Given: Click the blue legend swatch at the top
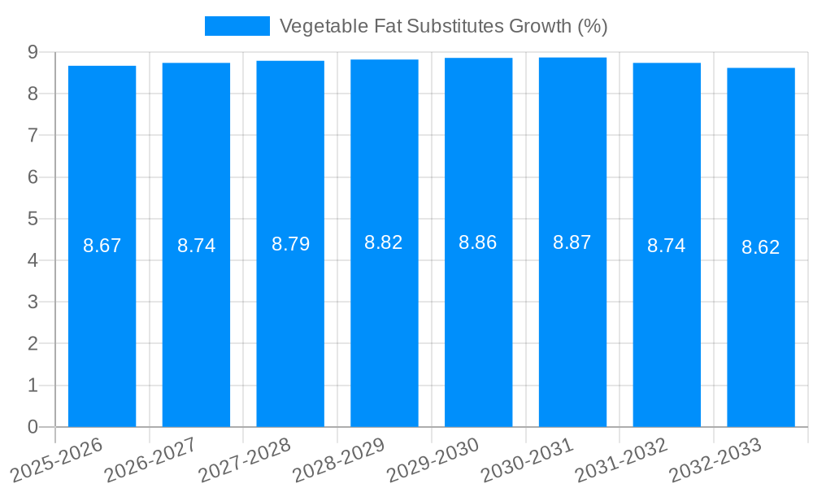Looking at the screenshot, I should [x=237, y=26].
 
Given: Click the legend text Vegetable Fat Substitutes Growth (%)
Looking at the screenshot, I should [x=443, y=26].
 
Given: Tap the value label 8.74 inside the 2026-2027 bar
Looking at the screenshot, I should [x=196, y=246].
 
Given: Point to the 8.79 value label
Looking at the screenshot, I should [x=290, y=244].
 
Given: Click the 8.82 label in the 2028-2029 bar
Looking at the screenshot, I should [x=384, y=242].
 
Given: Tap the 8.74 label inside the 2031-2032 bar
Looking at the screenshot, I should [x=666, y=246].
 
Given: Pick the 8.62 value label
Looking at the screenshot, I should [x=760, y=247].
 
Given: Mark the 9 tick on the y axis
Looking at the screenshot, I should [x=33, y=52].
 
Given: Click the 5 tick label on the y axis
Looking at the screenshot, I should [x=33, y=219].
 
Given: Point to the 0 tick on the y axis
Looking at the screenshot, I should [x=33, y=427].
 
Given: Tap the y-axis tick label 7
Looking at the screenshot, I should [x=33, y=135].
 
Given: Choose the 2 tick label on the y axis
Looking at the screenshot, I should [x=33, y=344].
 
